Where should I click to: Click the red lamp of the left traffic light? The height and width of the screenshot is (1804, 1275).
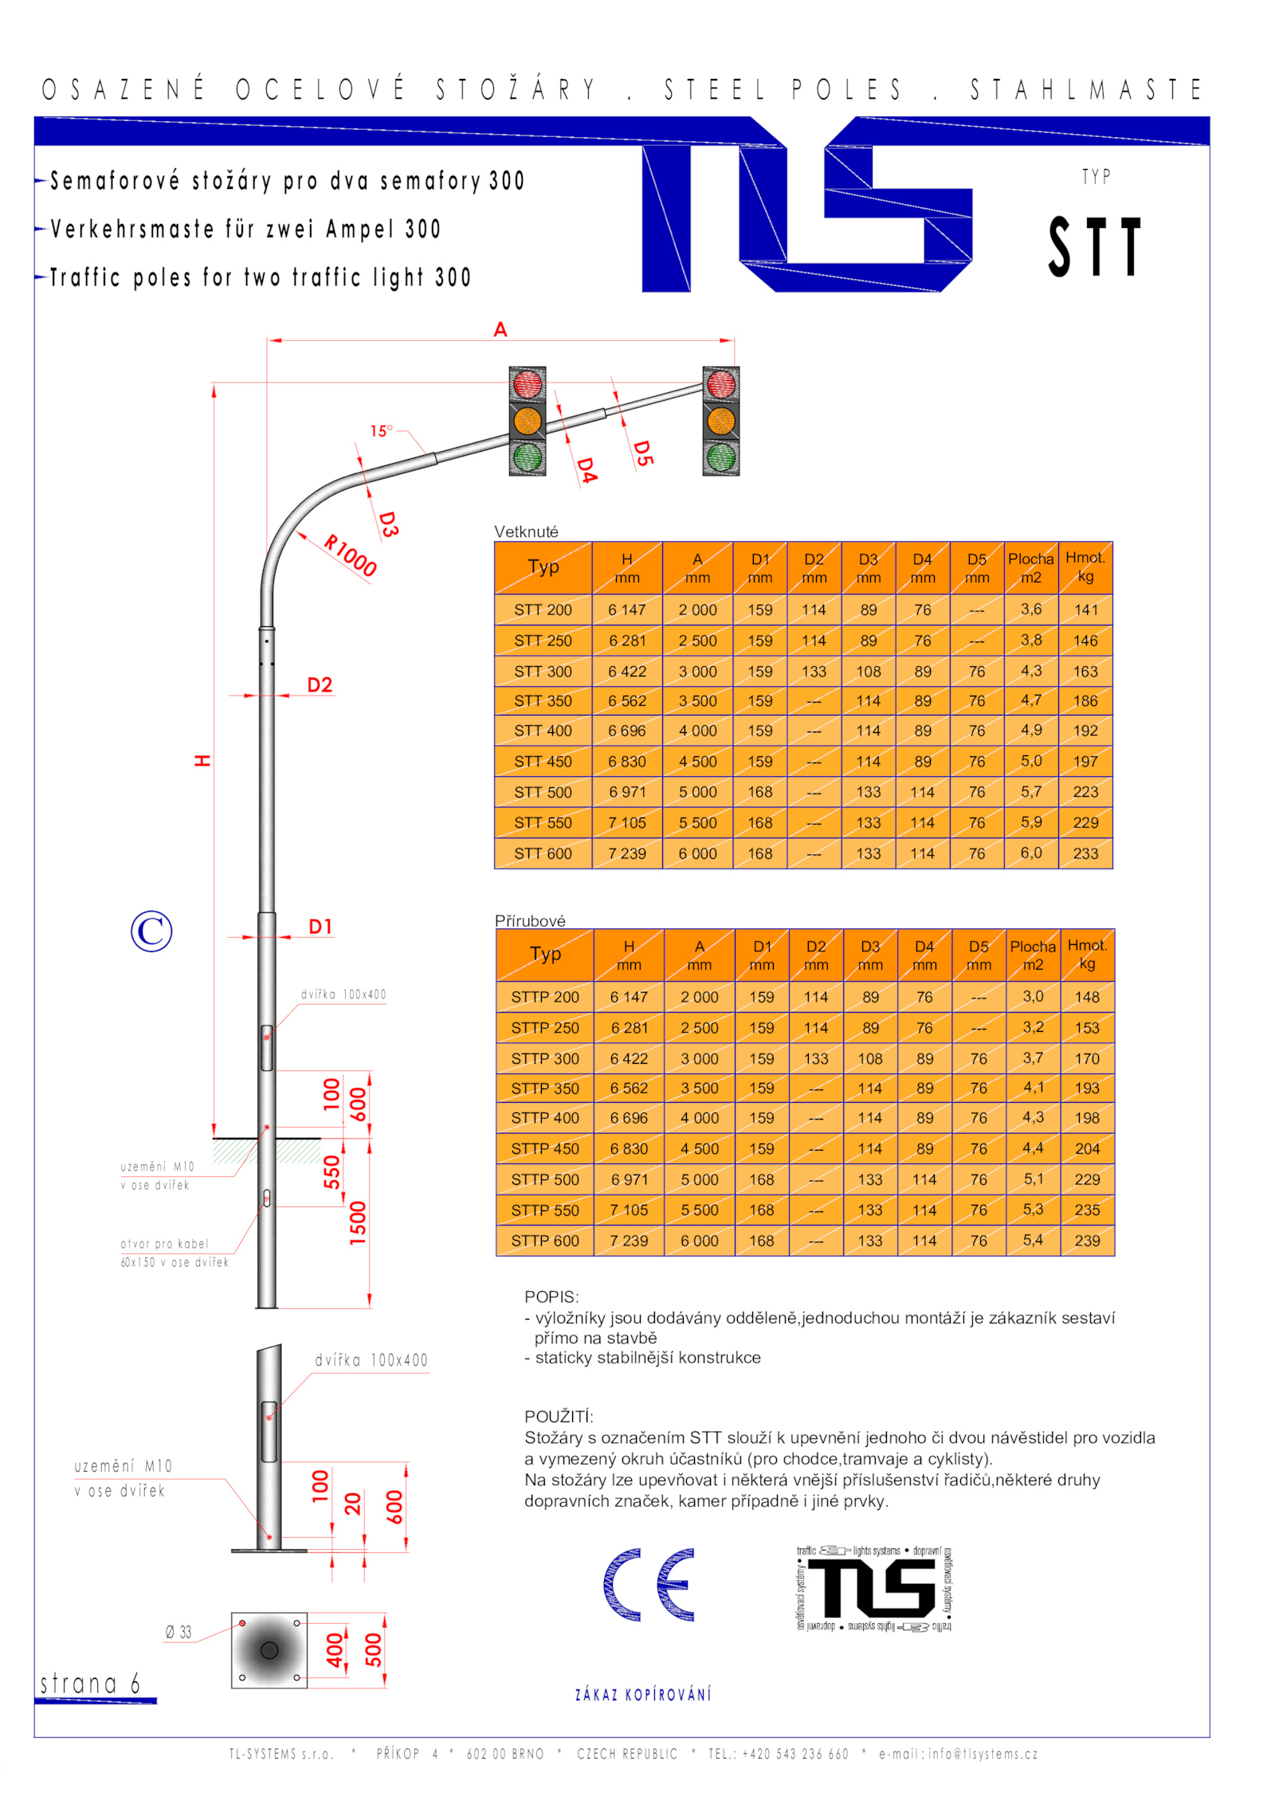tap(527, 384)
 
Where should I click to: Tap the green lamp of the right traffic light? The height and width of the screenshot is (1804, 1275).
tap(720, 457)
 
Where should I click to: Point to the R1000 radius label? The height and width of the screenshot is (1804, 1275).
tap(350, 555)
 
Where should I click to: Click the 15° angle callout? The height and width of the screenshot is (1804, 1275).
tap(381, 431)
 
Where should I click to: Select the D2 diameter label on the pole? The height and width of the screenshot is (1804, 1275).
tap(320, 685)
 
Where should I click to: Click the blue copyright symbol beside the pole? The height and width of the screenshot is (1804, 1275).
tap(151, 931)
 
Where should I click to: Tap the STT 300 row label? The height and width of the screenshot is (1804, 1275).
tap(543, 672)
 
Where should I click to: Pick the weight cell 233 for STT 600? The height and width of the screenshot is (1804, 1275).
tap(1085, 853)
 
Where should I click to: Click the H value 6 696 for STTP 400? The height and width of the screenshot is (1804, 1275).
tap(629, 1118)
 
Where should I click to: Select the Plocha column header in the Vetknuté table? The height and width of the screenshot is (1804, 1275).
tap(1030, 567)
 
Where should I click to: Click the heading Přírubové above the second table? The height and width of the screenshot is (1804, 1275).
tap(530, 920)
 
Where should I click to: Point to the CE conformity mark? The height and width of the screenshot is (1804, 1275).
tap(649, 1585)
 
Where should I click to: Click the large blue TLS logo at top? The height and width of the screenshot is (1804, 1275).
tap(806, 205)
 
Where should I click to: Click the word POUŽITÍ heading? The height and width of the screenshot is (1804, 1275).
tap(559, 1416)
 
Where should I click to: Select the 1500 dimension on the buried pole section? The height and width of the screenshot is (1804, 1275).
tap(358, 1222)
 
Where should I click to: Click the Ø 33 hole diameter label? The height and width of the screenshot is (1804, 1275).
tap(178, 1632)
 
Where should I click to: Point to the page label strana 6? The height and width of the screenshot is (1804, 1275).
tap(90, 1683)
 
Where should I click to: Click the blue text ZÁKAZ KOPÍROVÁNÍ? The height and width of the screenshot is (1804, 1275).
tap(643, 1694)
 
